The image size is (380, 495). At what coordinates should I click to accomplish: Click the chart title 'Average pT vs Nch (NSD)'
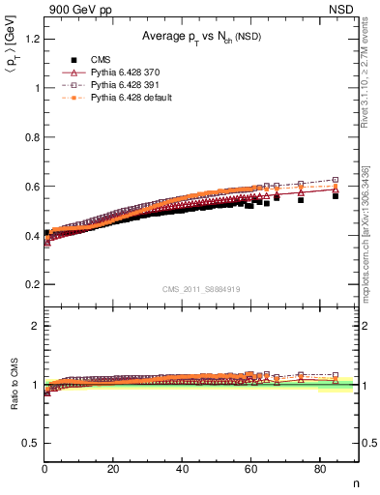[201, 36]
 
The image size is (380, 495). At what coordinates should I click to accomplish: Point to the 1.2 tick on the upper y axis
[32, 39]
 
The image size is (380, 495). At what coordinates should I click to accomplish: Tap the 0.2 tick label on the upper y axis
[32, 284]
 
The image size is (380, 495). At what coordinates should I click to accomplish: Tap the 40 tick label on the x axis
[182, 470]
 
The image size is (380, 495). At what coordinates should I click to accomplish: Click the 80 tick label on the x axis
[319, 470]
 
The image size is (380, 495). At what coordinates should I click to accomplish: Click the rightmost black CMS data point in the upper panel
[336, 195]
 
